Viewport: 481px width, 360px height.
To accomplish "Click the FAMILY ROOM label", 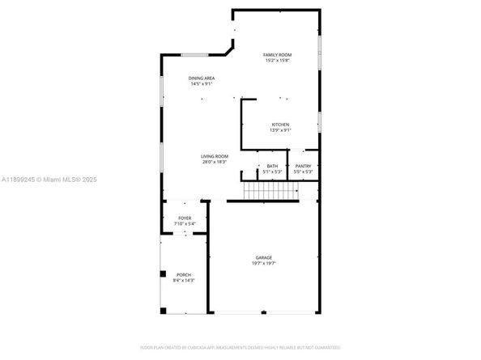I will click(x=278, y=55).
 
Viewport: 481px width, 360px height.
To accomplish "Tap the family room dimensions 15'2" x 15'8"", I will click(x=278, y=61).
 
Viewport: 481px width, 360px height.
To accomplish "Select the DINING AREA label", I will click(x=202, y=78).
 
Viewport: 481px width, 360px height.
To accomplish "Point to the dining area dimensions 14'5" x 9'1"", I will click(x=202, y=83).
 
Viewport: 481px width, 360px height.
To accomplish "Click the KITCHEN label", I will click(x=280, y=125).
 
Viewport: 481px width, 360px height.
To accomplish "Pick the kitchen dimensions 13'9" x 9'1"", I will click(x=280, y=130).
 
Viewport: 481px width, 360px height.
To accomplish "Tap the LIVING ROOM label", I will click(x=215, y=156).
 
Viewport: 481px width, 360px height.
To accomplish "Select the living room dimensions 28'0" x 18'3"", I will click(x=215, y=162).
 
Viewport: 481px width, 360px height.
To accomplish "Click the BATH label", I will click(x=272, y=166).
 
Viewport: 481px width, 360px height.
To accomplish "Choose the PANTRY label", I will click(x=303, y=166).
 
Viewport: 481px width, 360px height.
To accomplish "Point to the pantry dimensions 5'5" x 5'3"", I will click(x=303, y=172).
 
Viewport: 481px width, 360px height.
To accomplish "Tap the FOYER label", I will click(x=185, y=218).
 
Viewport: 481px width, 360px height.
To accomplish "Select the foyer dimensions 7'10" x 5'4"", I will click(x=185, y=224).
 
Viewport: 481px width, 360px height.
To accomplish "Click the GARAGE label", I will click(x=264, y=258).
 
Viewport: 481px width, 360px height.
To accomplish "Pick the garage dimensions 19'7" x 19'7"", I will click(x=264, y=264).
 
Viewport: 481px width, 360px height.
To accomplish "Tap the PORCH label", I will click(x=184, y=275).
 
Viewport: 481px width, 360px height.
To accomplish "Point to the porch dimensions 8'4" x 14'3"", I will click(x=184, y=281).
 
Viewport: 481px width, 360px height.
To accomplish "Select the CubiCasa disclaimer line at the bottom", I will click(x=240, y=347).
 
